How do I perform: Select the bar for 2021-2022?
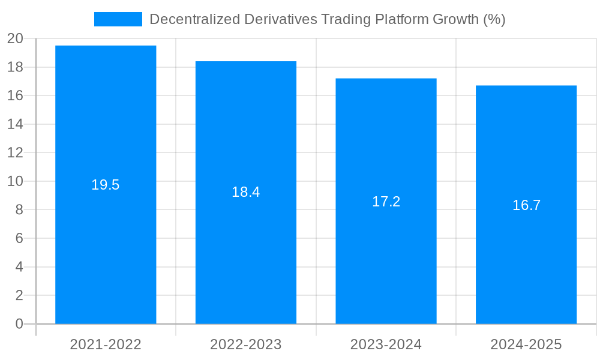(x=106, y=252)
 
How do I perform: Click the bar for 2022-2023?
(x=246, y=258)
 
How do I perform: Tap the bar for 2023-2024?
(x=386, y=264)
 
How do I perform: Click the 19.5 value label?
(x=106, y=185)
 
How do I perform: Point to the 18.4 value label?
(x=246, y=192)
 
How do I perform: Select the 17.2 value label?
(x=386, y=202)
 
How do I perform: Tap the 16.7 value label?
(x=526, y=205)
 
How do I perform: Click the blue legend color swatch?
(x=118, y=19)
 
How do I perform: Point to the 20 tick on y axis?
(x=15, y=38)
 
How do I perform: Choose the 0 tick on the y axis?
(x=19, y=324)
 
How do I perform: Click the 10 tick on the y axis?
(x=15, y=181)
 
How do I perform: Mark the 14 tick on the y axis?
(x=15, y=124)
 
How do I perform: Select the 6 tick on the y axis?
(x=19, y=238)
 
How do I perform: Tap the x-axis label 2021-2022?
(x=106, y=344)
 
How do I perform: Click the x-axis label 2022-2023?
(x=246, y=344)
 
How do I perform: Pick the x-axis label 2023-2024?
(x=386, y=344)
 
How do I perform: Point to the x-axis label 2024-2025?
(x=526, y=344)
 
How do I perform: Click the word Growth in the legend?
(x=455, y=19)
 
